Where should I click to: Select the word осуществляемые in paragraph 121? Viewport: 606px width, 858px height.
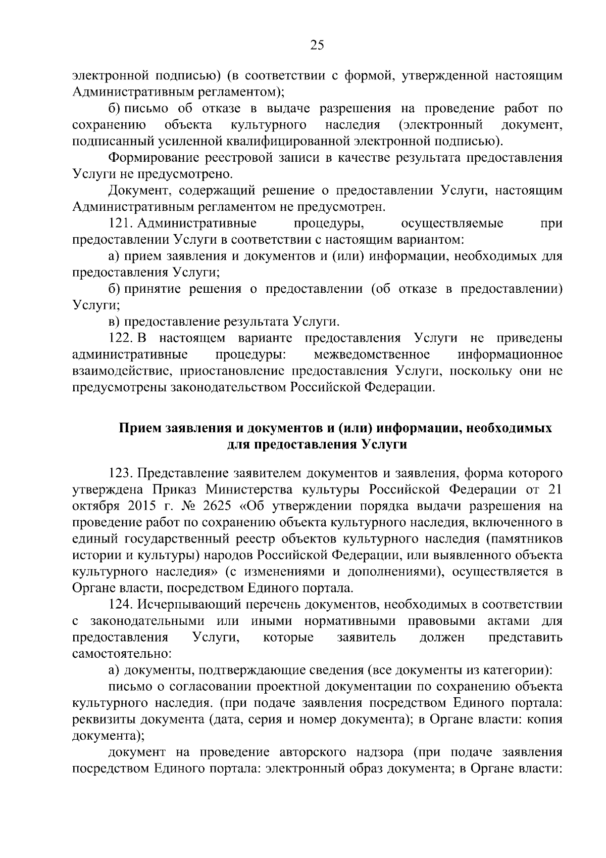point(451,223)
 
